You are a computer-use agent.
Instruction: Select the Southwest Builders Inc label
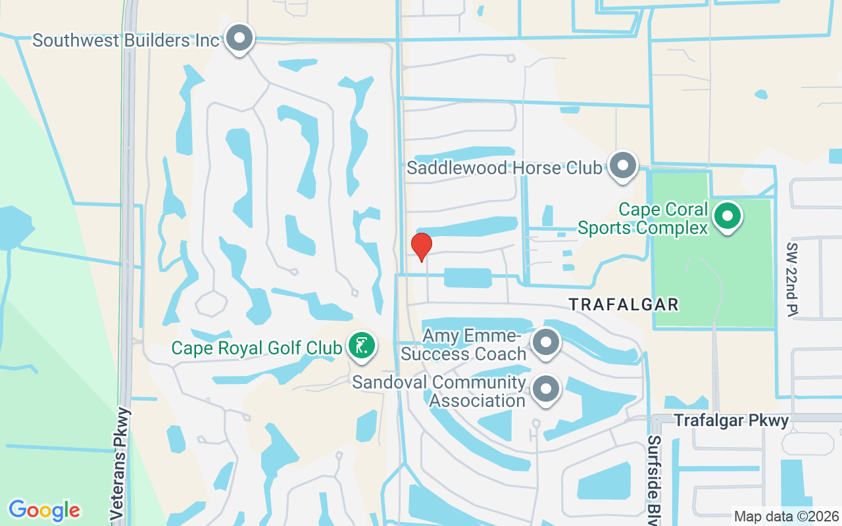pos(126,40)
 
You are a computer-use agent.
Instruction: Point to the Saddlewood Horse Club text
pos(505,168)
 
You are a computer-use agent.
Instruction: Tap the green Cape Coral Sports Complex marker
pos(728,216)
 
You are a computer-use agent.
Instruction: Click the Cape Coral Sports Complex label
pos(663,219)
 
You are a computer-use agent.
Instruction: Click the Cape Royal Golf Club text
pos(257,347)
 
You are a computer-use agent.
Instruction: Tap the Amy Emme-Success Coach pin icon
pos(545,343)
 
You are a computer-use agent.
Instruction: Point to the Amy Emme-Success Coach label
pos(464,345)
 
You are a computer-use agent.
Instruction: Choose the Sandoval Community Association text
pos(439,391)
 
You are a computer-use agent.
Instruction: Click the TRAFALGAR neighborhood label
pos(624,304)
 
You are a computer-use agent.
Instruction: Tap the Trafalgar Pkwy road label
pos(731,421)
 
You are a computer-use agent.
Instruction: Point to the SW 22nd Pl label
pos(791,279)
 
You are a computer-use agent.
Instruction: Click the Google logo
pos(44,510)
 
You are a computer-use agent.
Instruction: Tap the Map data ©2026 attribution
pos(787,516)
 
